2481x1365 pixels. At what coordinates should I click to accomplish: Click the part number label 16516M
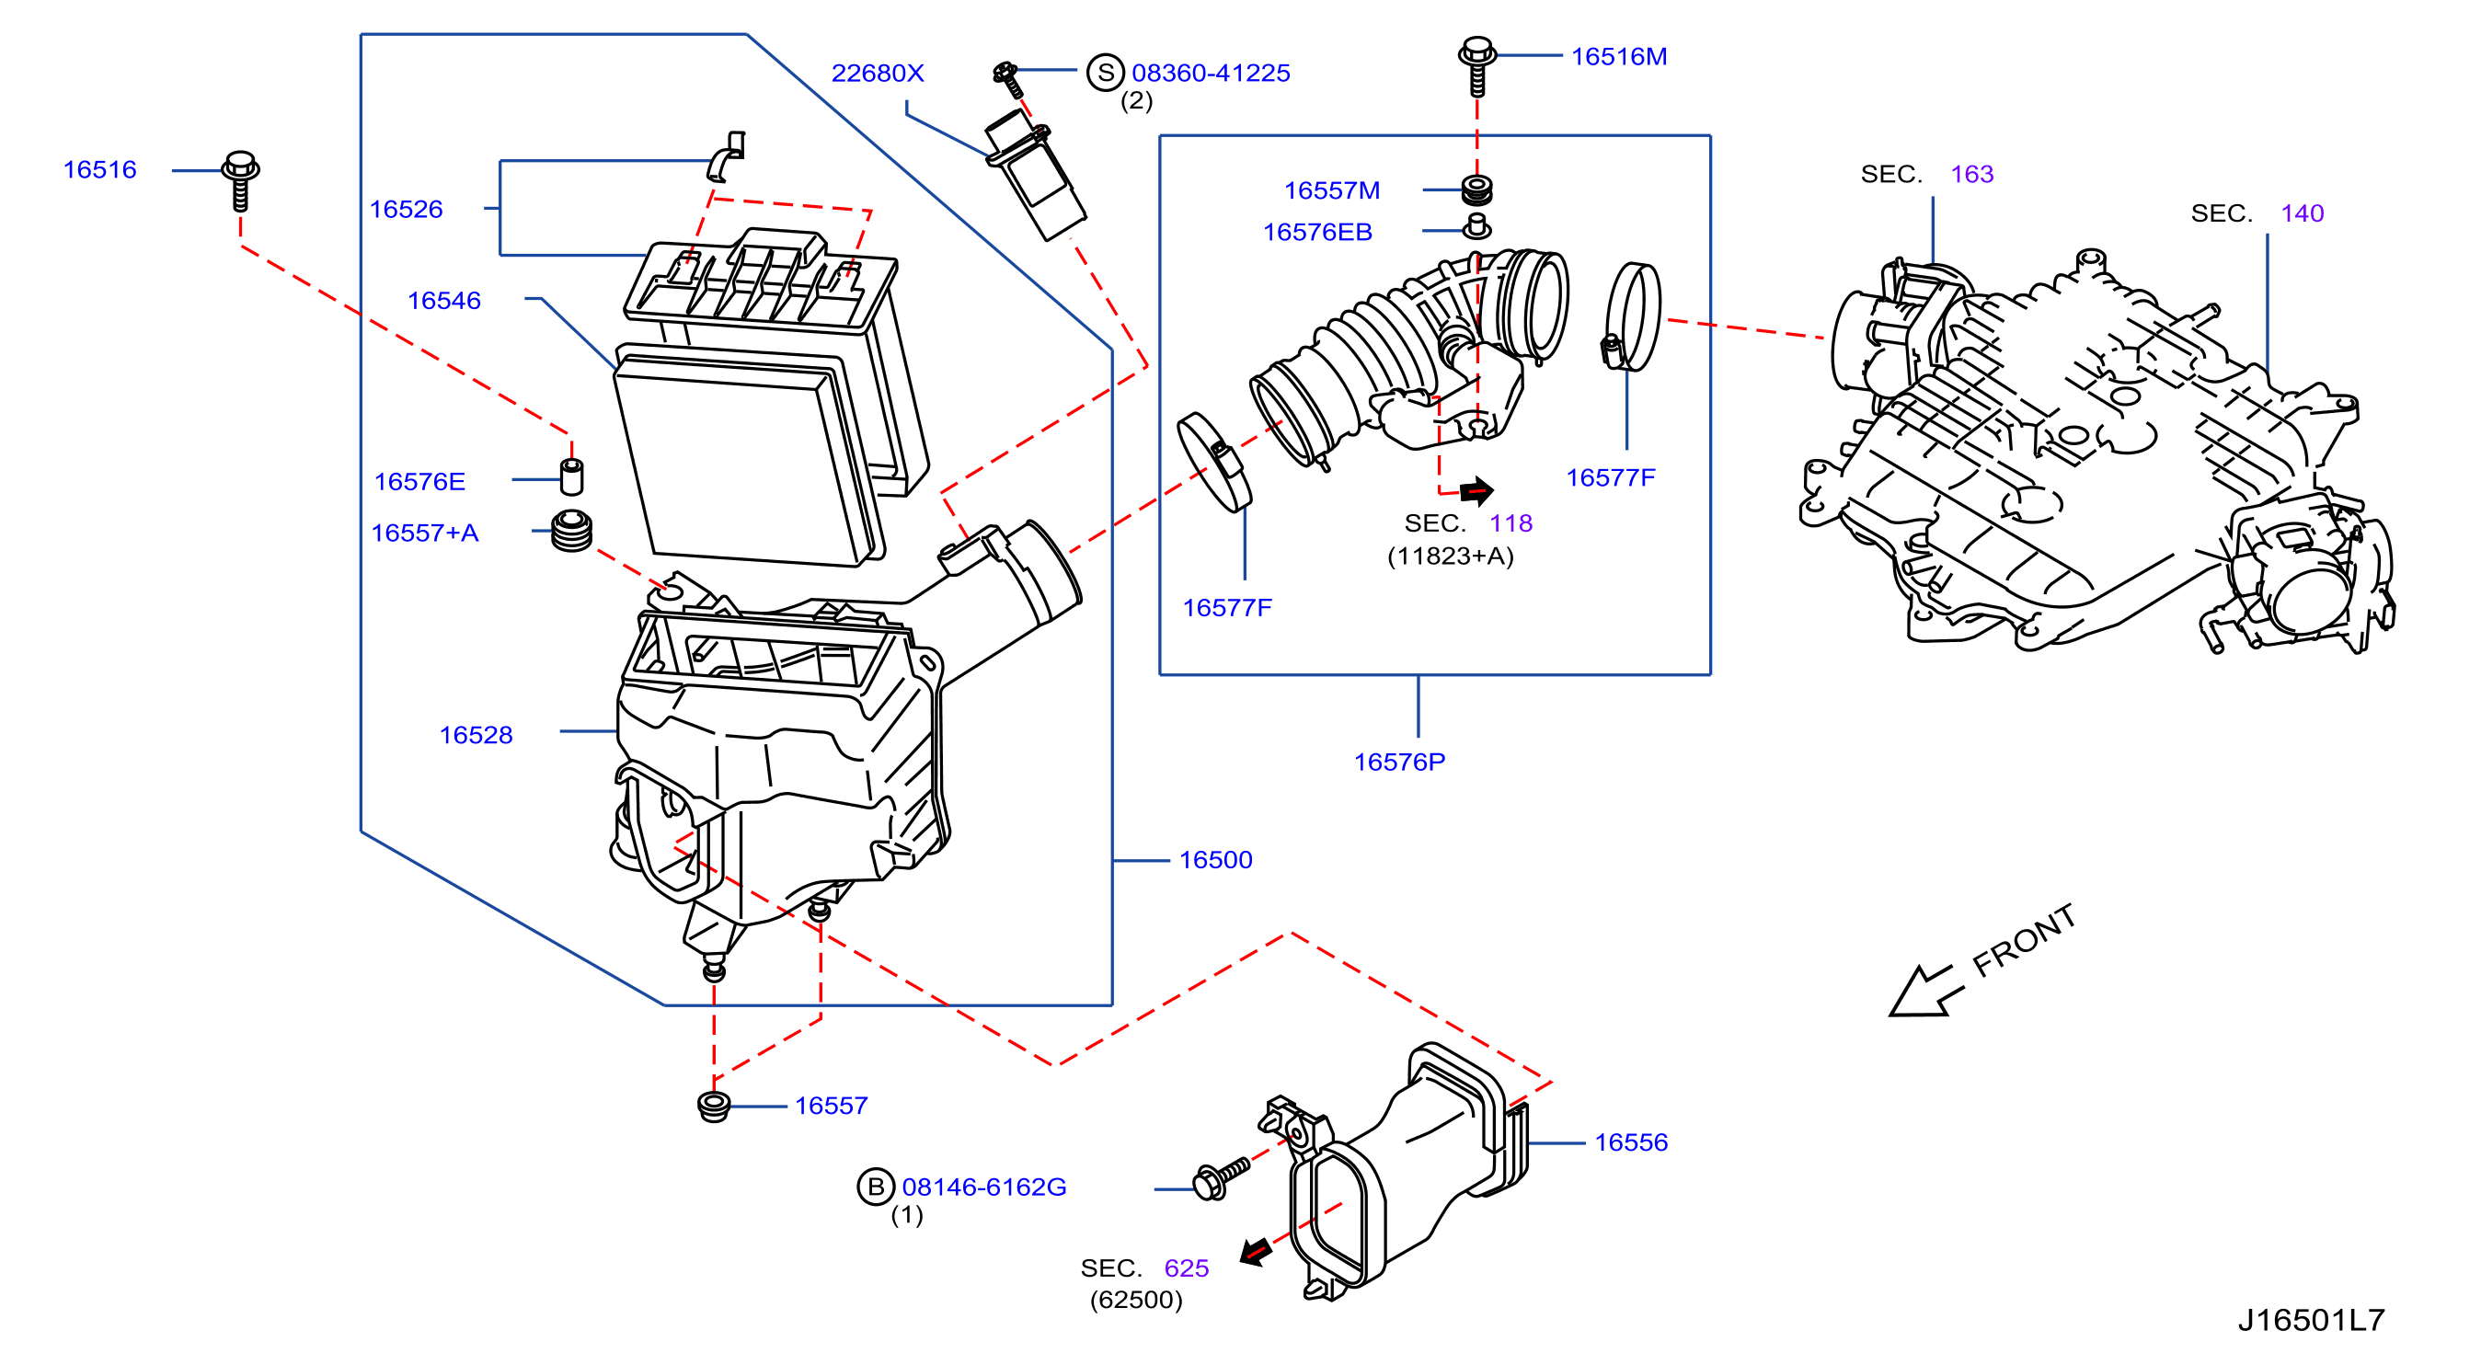tap(1619, 57)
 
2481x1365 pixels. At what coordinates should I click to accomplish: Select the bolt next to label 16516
tap(240, 180)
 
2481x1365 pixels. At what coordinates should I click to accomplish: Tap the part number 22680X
tap(878, 74)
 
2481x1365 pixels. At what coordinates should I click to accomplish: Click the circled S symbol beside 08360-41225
tap(1106, 73)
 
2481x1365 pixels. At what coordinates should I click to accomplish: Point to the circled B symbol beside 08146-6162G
tap(876, 1187)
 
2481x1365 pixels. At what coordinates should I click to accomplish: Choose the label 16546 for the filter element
tap(444, 301)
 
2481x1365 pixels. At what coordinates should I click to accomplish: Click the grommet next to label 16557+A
tap(572, 531)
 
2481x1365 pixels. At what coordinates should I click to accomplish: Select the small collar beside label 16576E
tap(572, 476)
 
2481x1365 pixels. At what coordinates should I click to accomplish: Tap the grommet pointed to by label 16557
tap(714, 1107)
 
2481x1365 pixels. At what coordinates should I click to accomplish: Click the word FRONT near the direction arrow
tap(2024, 940)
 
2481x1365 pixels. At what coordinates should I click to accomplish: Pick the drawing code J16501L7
tap(2311, 1320)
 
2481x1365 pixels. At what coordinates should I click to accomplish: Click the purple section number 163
tap(1971, 175)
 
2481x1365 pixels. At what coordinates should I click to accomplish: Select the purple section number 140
tap(2302, 213)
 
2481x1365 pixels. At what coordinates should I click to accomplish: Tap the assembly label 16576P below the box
tap(1399, 762)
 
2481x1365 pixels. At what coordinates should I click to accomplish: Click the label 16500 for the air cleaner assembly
tap(1215, 860)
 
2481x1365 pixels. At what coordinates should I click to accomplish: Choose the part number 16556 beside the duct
tap(1631, 1142)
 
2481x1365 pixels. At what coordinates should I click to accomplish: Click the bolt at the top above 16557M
tap(1477, 66)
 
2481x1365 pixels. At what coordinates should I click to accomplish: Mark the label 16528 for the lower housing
tap(476, 735)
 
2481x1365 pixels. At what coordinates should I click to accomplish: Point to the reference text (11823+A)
tap(1451, 556)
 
